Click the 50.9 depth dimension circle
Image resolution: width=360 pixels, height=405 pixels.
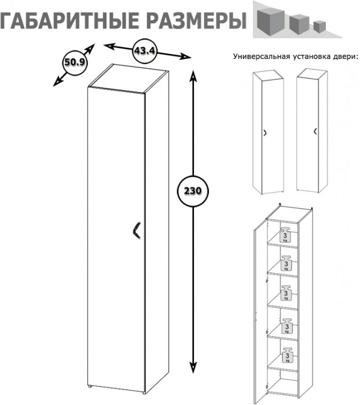tap(75, 62)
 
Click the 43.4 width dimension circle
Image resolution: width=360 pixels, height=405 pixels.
tap(145, 51)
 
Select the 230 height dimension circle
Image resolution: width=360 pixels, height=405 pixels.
tap(193, 191)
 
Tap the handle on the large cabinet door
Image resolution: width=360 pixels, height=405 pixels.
tap(136, 230)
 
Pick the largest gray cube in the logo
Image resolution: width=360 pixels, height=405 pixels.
tap(271, 22)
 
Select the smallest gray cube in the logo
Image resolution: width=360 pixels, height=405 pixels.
tap(319, 26)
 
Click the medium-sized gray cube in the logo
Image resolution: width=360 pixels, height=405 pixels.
tap(299, 24)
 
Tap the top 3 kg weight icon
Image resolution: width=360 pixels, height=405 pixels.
tap(285, 235)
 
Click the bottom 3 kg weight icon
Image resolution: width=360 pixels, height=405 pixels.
tap(288, 355)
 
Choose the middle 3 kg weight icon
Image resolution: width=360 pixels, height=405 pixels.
tap(286, 293)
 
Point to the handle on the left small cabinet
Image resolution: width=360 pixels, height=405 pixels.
tap(265, 132)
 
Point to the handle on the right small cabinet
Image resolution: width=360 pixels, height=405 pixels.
tap(315, 131)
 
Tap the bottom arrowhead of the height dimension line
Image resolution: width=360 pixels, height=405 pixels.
tap(193, 368)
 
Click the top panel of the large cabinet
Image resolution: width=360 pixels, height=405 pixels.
tap(128, 79)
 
